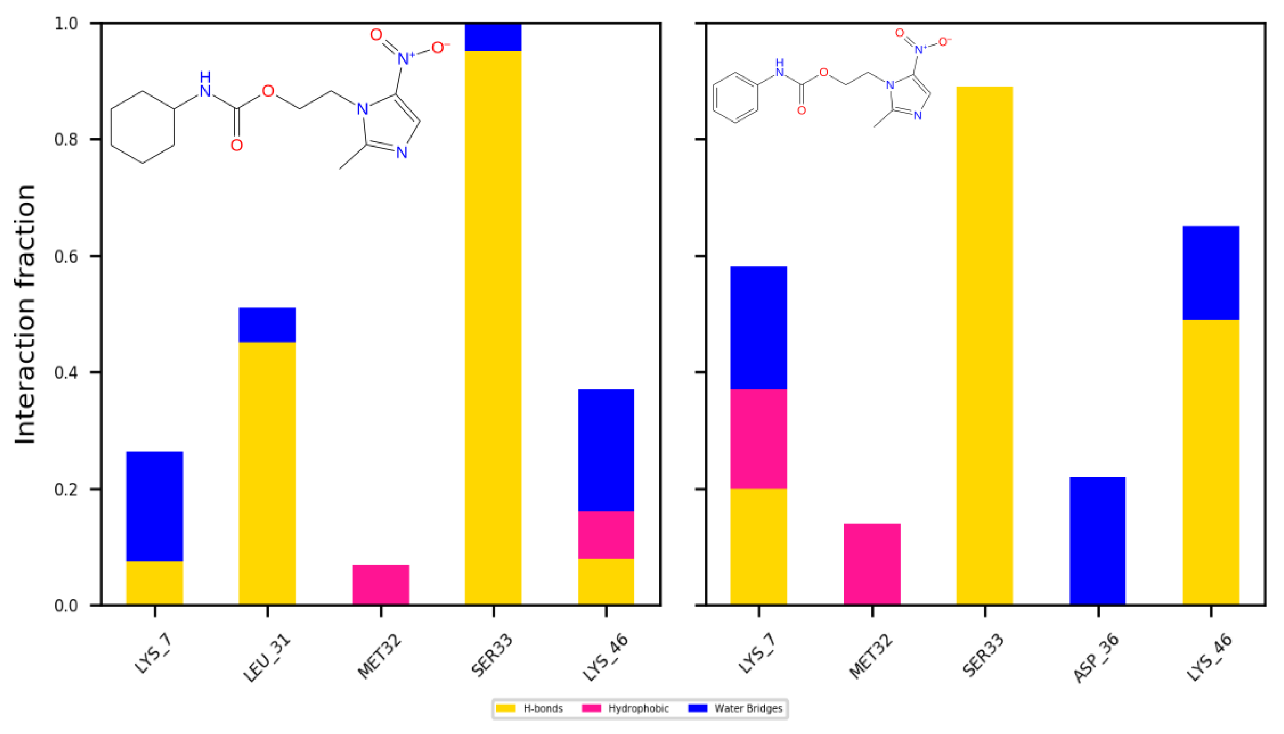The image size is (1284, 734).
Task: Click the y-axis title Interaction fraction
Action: point(25,314)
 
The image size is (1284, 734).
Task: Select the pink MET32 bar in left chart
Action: point(381,584)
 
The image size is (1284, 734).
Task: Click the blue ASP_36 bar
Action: point(1097,540)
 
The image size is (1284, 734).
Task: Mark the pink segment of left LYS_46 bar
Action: point(606,535)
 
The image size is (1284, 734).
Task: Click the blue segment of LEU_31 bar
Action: point(267,325)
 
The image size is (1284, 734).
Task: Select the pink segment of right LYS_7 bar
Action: point(759,439)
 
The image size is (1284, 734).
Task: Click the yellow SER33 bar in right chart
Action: point(984,345)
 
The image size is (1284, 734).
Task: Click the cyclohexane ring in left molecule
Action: point(142,127)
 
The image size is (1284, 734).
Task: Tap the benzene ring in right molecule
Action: point(735,98)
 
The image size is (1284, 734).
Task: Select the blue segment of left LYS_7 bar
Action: point(154,506)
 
